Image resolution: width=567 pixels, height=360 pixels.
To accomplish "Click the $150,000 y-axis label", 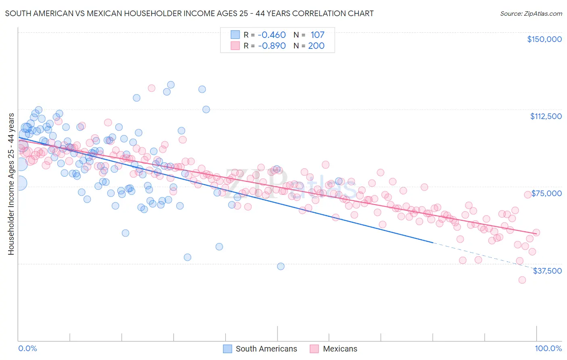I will [x=544, y=39].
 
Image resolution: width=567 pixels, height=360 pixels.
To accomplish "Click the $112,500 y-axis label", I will [x=546, y=116].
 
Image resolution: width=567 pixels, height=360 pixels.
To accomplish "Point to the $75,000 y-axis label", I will [x=546, y=193].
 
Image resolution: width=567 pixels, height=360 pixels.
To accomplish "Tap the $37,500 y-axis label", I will [x=547, y=271].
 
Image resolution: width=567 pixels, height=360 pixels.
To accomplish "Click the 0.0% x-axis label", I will [x=27, y=348].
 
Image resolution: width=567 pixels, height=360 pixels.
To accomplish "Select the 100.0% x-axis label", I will [x=548, y=348].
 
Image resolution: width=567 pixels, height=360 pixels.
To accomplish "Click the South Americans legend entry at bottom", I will [x=266, y=349].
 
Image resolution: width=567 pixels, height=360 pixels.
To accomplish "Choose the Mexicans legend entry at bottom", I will [x=340, y=349].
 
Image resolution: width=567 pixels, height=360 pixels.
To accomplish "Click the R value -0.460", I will [x=271, y=35].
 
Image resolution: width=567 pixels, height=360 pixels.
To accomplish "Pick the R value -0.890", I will [x=271, y=46].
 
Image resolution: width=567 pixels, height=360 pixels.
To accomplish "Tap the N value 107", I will [x=317, y=35].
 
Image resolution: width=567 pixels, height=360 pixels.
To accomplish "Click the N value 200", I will [x=316, y=46].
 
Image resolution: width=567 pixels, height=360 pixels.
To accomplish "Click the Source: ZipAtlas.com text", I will [x=531, y=13].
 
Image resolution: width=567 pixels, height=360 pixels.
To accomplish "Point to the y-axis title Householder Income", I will [x=11, y=184].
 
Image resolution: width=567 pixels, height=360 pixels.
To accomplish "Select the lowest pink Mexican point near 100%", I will [x=522, y=280].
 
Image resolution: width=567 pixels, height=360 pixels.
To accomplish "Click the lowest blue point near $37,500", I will [x=281, y=266].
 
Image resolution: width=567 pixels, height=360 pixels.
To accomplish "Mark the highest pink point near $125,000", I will [x=152, y=88].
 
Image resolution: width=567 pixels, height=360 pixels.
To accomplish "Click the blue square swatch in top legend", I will [x=235, y=35].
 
